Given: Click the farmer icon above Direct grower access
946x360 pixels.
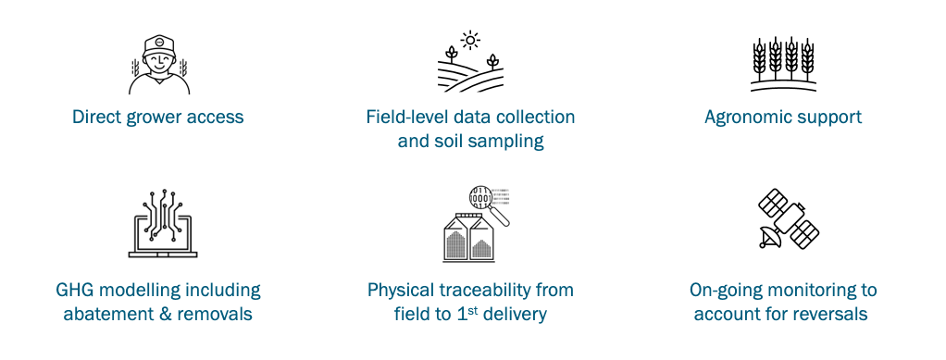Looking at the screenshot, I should [x=158, y=66].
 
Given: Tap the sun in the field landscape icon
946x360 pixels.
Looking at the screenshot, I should [x=470, y=40].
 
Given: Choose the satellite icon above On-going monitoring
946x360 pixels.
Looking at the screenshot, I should [x=789, y=218].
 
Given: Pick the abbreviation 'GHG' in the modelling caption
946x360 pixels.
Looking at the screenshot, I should [x=78, y=291].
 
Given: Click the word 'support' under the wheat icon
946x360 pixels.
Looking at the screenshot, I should [x=830, y=118].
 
